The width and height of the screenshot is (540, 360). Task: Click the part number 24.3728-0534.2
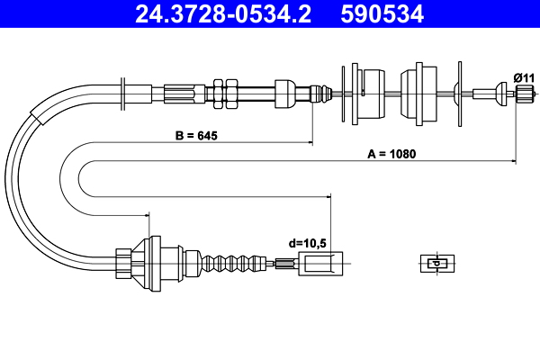point(223,14)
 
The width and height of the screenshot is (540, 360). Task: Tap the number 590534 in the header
point(382,14)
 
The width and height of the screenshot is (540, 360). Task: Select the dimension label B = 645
point(196,136)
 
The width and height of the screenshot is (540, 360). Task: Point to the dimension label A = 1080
point(391,154)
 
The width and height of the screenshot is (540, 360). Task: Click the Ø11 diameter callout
point(524,78)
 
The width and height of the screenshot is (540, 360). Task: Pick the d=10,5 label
point(307,243)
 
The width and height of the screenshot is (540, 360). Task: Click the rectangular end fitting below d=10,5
point(320,264)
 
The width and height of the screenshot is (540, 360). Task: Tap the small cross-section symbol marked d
point(437,264)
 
